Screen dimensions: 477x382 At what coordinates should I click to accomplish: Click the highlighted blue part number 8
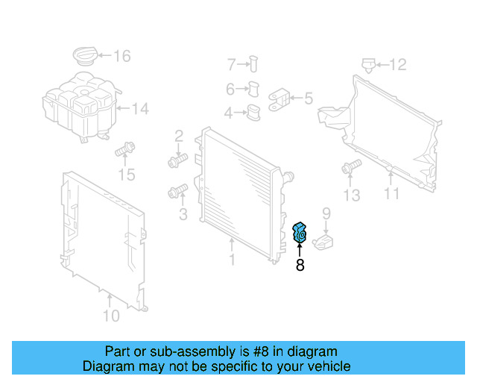click(300, 234)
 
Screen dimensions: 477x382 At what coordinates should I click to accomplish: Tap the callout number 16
click(121, 55)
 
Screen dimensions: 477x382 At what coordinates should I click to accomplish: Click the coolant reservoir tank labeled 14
click(79, 110)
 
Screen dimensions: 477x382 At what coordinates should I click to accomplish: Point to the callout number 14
click(141, 109)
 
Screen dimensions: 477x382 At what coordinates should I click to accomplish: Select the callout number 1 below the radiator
click(232, 260)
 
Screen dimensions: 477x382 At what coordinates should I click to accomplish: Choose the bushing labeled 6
click(254, 90)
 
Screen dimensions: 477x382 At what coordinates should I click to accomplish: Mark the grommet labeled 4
click(254, 113)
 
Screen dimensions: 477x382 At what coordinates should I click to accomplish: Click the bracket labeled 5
click(279, 98)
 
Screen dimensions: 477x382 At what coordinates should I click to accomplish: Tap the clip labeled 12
click(367, 64)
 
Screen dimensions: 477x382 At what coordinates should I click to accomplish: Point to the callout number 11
click(392, 195)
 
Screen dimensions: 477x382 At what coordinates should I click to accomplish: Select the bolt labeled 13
click(348, 170)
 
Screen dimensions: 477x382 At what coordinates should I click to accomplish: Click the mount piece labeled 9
click(323, 242)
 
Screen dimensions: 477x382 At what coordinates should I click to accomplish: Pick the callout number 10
click(110, 316)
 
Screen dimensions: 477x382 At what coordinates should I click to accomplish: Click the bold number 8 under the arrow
click(300, 264)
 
